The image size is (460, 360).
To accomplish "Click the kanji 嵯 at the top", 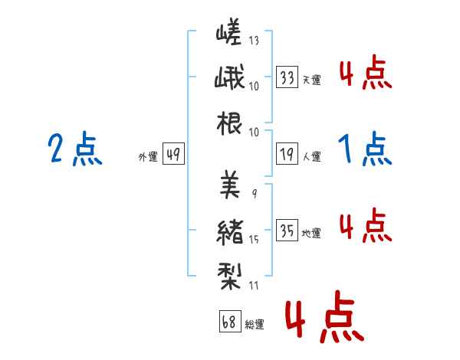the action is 228,31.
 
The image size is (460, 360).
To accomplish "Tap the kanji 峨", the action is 229,77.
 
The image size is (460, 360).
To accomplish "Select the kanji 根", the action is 229,123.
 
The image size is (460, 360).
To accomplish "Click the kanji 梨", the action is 229,277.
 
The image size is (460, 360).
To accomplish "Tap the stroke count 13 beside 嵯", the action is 254,40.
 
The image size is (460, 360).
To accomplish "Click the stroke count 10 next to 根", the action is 254,133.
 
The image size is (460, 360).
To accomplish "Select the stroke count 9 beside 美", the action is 255,194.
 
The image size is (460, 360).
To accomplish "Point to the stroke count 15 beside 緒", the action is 254,240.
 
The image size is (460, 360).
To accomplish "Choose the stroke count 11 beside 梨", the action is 254,285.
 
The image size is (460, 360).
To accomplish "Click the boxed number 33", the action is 287,77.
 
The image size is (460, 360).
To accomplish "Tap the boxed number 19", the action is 287,154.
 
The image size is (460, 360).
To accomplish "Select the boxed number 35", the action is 287,230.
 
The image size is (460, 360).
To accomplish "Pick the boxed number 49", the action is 174,154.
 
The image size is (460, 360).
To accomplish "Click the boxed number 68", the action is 230,321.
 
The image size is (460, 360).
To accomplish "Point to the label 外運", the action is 148,156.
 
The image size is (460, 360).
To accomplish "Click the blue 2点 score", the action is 75,149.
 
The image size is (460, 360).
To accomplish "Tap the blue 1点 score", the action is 365,149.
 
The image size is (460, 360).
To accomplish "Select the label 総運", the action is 255,324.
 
